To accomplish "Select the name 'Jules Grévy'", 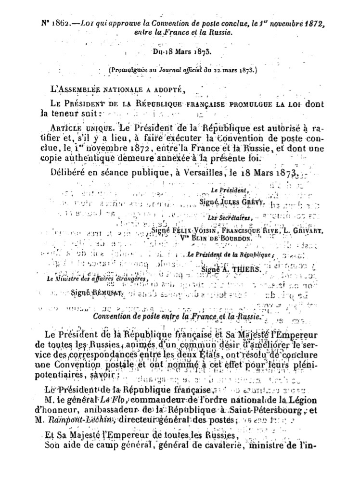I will click(x=245, y=203).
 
